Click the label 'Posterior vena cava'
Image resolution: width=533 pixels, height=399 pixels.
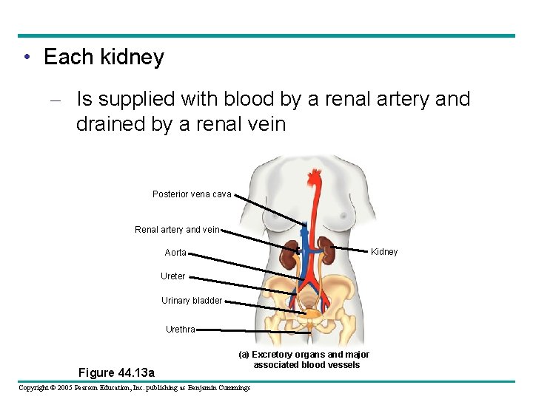pos(192,194)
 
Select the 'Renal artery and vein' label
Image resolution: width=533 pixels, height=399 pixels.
pos(177,230)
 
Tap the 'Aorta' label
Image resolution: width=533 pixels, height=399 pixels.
pos(175,253)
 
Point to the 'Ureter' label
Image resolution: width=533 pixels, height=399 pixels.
pos(173,276)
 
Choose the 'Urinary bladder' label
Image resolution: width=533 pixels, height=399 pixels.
pos(192,301)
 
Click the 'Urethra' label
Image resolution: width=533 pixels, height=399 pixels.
pos(181,330)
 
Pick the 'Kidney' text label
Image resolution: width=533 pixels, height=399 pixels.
pos(384,252)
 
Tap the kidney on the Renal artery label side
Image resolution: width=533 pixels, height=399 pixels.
pos(289,256)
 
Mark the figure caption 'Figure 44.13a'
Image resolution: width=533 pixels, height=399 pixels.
pos(117,372)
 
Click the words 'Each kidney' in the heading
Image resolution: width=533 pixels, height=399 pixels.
pos(104,58)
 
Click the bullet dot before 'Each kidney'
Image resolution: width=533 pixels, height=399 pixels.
pos(27,58)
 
